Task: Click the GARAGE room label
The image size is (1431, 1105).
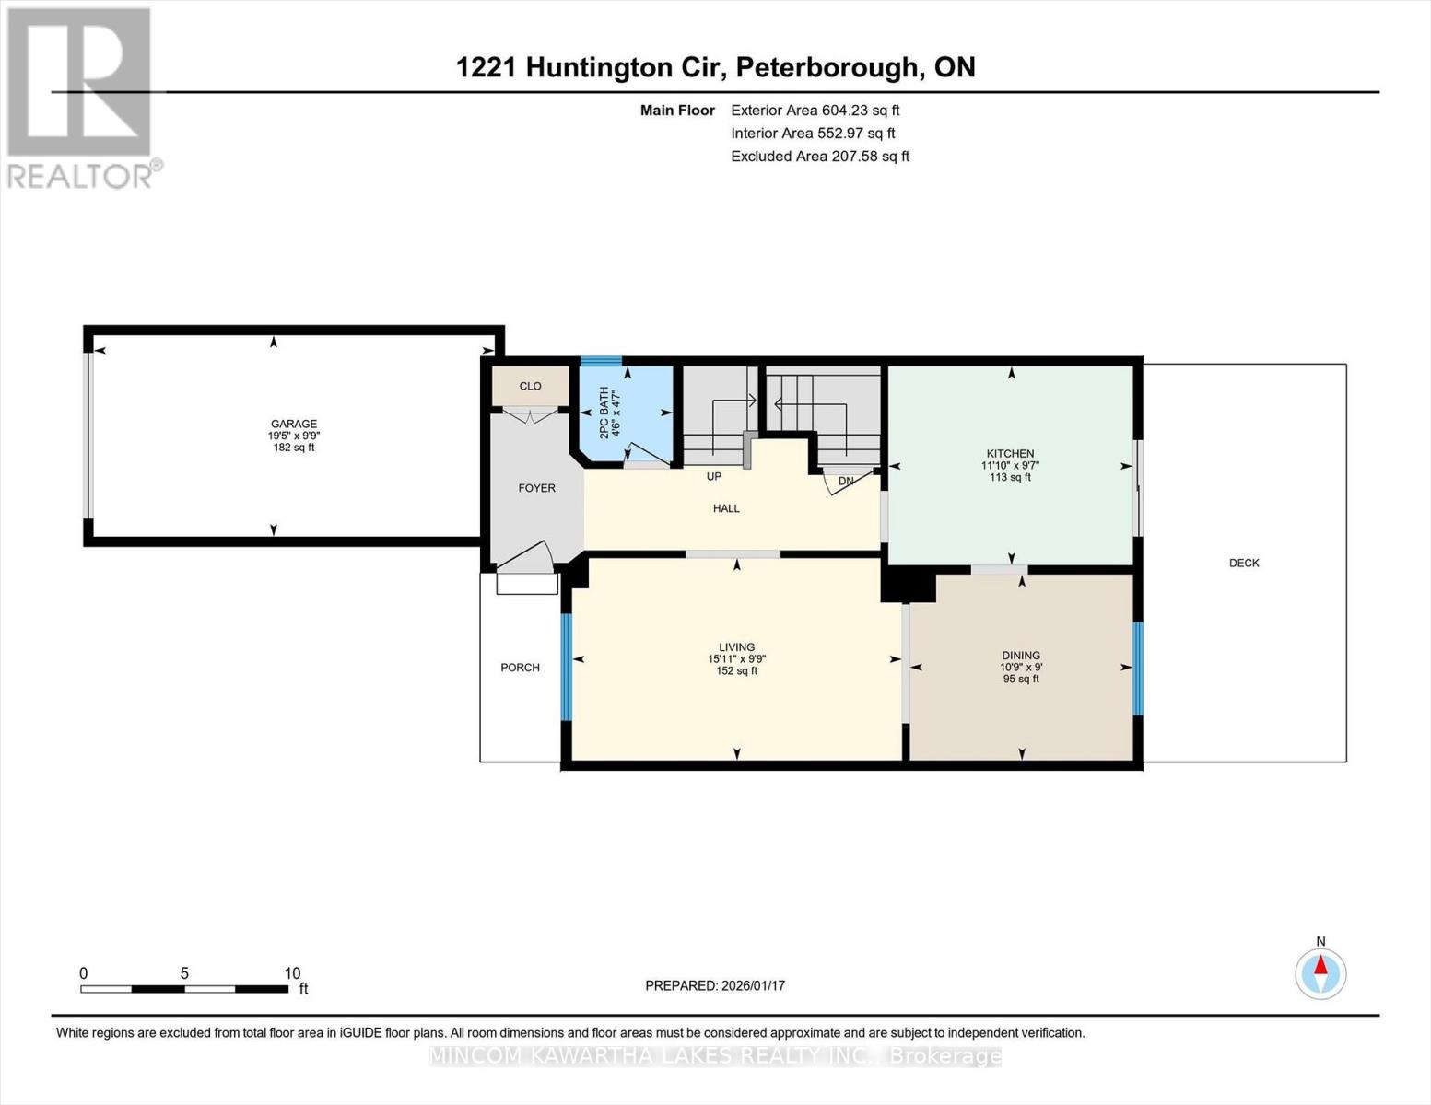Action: click(x=293, y=424)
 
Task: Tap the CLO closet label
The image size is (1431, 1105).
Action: click(x=530, y=386)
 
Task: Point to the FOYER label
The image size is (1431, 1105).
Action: click(x=536, y=488)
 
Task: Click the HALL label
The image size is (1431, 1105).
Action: click(x=726, y=508)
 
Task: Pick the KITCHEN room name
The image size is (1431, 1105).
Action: click(x=1010, y=453)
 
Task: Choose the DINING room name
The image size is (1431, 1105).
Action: click(x=1021, y=656)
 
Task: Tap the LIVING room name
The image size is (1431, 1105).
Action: click(x=737, y=647)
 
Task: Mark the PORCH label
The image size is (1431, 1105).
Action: click(x=520, y=668)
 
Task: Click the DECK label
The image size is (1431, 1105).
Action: click(x=1244, y=563)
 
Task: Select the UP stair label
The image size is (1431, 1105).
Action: click(x=713, y=476)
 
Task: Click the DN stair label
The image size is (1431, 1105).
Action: click(x=846, y=481)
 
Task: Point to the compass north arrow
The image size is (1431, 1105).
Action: click(x=1320, y=967)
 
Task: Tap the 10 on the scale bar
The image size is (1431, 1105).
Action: click(x=292, y=973)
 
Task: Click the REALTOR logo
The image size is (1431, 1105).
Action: click(x=81, y=97)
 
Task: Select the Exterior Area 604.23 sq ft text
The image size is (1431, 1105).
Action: click(x=815, y=110)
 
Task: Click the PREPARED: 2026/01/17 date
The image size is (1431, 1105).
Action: click(x=715, y=985)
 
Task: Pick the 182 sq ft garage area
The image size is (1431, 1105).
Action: click(x=293, y=448)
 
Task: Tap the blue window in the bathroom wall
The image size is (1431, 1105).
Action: click(x=600, y=361)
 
